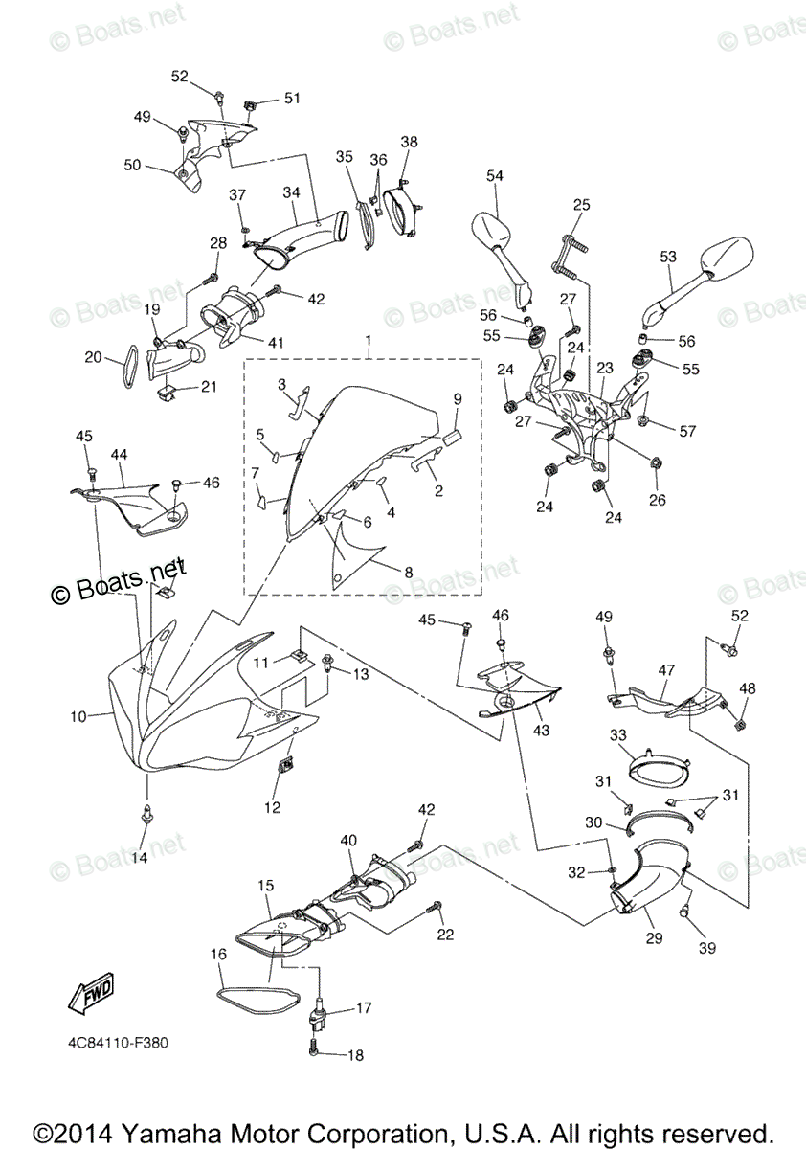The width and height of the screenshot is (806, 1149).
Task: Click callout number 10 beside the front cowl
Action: [x=78, y=715]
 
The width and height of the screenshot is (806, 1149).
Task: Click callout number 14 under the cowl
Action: [x=140, y=858]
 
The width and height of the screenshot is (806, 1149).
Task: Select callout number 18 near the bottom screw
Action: [x=356, y=1055]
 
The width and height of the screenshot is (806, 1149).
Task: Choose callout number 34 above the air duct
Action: [x=291, y=191]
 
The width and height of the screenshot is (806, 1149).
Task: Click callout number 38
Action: [x=409, y=143]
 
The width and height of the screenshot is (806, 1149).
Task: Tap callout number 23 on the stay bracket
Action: [x=605, y=368]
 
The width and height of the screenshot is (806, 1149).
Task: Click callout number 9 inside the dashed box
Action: [x=458, y=397]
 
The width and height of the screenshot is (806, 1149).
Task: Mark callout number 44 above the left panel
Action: [x=120, y=453]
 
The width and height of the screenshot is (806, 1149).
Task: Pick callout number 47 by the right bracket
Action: [x=667, y=672]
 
